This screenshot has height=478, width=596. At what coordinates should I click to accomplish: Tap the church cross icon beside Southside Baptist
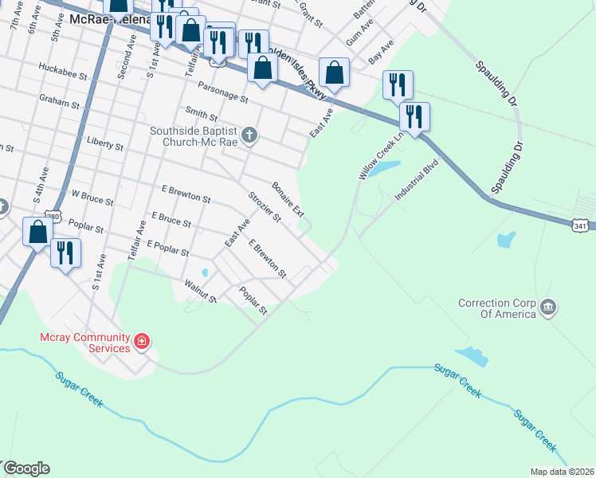(249, 135)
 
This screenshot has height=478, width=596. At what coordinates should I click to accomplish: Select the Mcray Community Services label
(85, 343)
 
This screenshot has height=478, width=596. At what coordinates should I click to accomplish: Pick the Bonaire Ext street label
(288, 198)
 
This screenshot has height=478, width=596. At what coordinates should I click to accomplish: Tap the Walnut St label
(201, 291)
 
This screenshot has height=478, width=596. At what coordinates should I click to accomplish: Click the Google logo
(26, 468)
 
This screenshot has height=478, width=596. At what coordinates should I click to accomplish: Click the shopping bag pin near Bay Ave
(335, 72)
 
